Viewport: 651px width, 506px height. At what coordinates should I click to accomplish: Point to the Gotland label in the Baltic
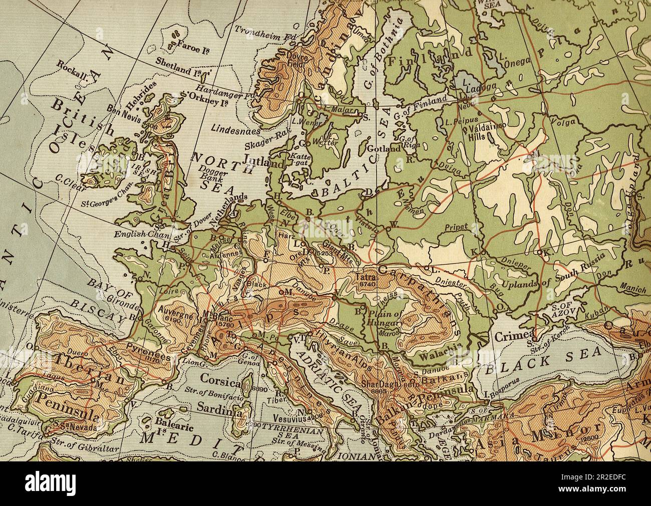(384, 149)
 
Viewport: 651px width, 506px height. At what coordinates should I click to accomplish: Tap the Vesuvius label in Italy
(289, 416)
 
